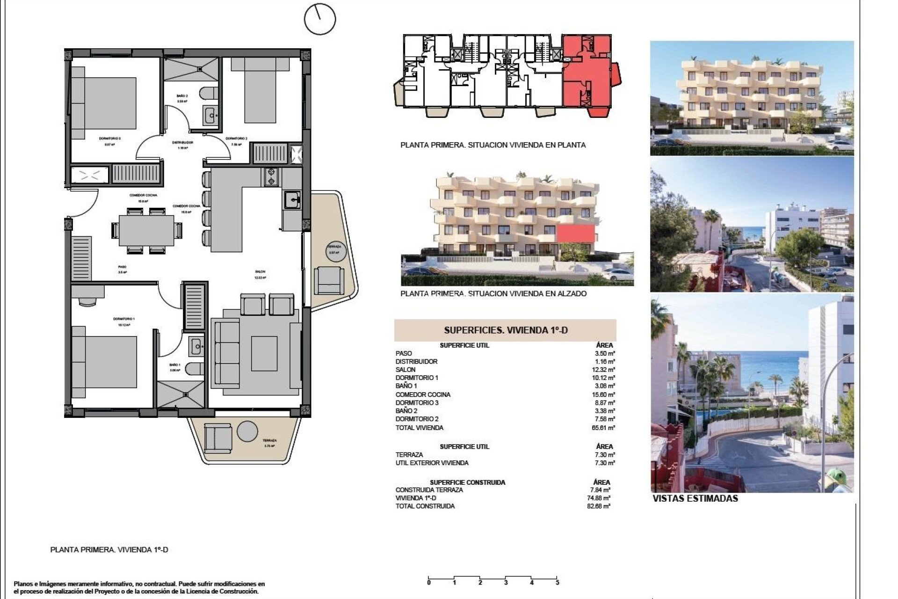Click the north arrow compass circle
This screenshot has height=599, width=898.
pyautogui.click(x=320, y=19)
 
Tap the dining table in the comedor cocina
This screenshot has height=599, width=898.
pyautogui.click(x=146, y=230)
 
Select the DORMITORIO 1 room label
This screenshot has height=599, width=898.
pyautogui.click(x=121, y=319)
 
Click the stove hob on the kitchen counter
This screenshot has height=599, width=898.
pyautogui.click(x=271, y=177)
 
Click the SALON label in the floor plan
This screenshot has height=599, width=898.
pyautogui.click(x=260, y=271)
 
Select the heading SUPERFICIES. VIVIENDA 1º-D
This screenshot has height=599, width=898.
pyautogui.click(x=506, y=330)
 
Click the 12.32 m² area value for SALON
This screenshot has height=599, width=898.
pyautogui.click(x=605, y=370)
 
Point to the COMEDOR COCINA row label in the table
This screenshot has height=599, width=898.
pyautogui.click(x=423, y=394)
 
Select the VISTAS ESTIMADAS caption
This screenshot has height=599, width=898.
pyautogui.click(x=695, y=499)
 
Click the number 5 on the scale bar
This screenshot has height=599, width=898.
pyautogui.click(x=557, y=583)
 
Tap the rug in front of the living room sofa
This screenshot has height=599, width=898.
pyautogui.click(x=264, y=353)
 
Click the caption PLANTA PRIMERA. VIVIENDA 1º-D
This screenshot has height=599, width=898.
pyautogui.click(x=109, y=550)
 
